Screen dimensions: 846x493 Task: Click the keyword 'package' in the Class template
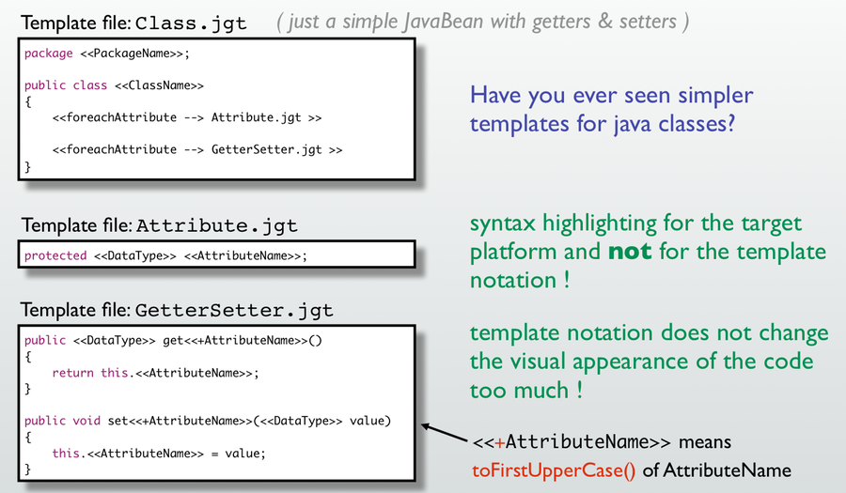[x=49, y=54]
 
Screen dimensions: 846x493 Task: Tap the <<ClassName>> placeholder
[x=159, y=85]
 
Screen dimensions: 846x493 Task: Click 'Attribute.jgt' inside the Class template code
[x=257, y=117]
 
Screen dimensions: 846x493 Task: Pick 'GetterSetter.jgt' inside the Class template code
[x=267, y=150]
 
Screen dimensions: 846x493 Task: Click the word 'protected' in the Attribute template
[x=55, y=256]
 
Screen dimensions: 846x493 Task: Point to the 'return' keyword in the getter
[x=72, y=373]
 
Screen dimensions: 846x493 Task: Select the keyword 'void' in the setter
[x=86, y=421]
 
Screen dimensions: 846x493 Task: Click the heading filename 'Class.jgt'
[x=191, y=23]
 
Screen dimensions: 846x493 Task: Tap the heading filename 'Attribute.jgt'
[x=217, y=226]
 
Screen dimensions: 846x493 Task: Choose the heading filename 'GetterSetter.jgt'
[x=234, y=311]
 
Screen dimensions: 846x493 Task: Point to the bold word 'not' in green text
[x=630, y=252]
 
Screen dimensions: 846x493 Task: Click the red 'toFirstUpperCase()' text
[x=554, y=470]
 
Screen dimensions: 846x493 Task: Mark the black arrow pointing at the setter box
[x=445, y=433]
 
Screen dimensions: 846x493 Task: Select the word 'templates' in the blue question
[x=520, y=124]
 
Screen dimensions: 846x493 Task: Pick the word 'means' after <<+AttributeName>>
[x=705, y=442]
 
